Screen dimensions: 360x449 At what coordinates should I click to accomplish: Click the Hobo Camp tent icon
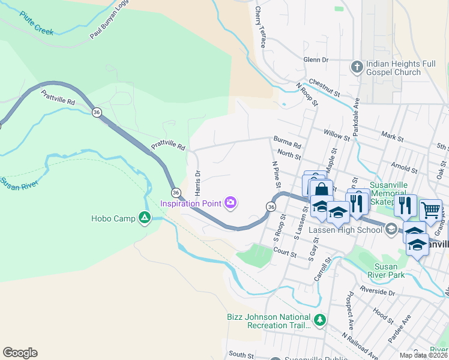(145, 217)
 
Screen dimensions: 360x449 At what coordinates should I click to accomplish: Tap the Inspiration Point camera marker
(231, 203)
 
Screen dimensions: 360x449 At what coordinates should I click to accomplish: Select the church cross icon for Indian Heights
(357, 67)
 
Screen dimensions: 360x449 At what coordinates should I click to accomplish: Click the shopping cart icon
(430, 210)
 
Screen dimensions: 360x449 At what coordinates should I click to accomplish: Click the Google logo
(20, 353)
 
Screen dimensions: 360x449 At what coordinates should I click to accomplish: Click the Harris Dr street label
(197, 182)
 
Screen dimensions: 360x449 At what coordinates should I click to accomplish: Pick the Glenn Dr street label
(316, 60)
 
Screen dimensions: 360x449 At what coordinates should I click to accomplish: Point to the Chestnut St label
(324, 88)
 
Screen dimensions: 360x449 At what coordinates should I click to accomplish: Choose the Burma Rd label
(287, 145)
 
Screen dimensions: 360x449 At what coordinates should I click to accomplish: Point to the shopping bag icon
(322, 190)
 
